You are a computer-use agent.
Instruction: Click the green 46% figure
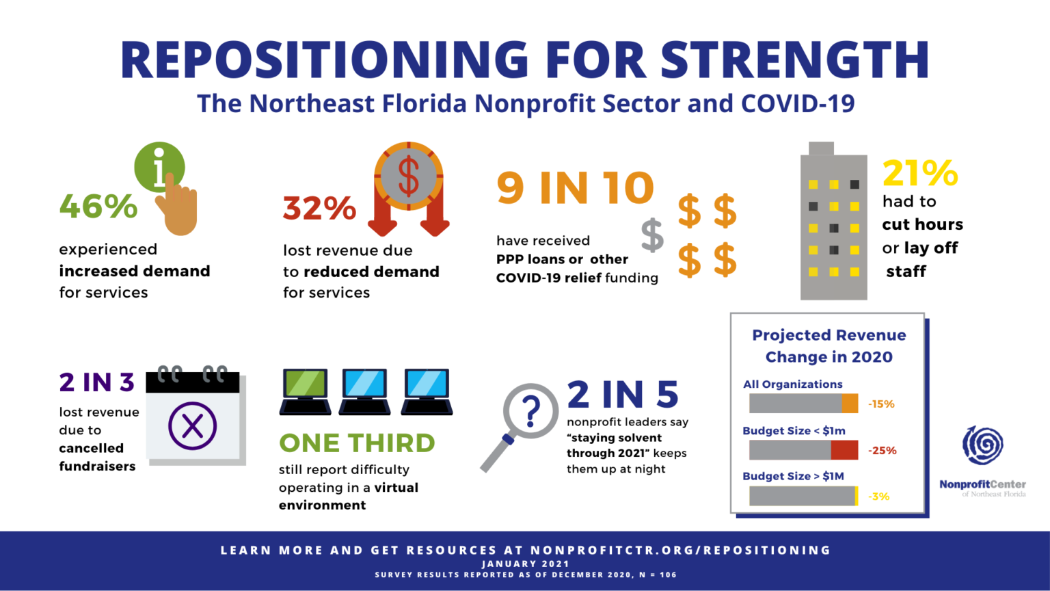click(98, 206)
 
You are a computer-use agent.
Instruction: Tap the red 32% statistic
click(319, 209)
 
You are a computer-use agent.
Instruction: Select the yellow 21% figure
click(919, 173)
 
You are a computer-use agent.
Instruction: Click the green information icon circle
click(159, 166)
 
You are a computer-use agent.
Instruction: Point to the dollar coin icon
click(408, 176)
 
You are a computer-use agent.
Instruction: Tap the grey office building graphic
click(833, 226)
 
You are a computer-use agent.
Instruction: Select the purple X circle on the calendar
click(193, 425)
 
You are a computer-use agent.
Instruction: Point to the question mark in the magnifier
click(530, 410)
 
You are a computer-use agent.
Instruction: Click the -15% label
click(881, 404)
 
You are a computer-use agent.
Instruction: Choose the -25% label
click(882, 451)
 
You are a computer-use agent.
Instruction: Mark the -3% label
click(879, 497)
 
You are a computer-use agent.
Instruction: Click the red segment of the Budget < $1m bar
click(844, 450)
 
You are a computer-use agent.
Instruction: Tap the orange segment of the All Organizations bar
click(850, 404)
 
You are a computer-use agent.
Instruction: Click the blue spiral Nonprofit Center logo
click(983, 445)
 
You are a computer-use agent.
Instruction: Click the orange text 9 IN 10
click(575, 188)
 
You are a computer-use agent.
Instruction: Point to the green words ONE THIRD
click(357, 443)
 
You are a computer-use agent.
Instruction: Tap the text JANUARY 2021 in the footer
click(525, 564)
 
